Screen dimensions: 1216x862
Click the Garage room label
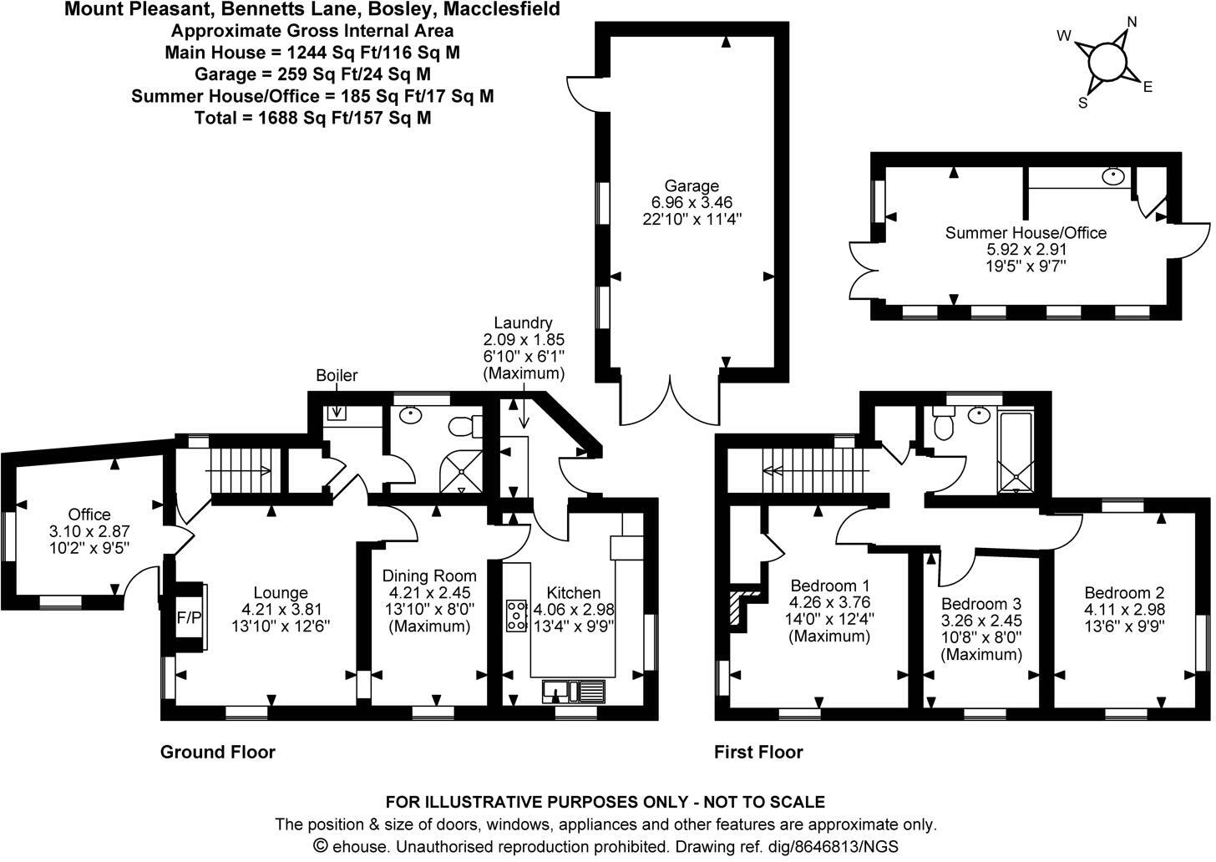click(x=692, y=185)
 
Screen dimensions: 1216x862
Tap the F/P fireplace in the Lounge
click(x=189, y=618)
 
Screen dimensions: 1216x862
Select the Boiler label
click(x=337, y=376)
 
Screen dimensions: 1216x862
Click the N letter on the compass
click(x=1132, y=23)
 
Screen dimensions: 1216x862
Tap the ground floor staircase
click(x=243, y=471)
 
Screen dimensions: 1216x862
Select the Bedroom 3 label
click(x=981, y=604)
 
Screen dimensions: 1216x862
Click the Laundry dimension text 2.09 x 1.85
click(x=524, y=340)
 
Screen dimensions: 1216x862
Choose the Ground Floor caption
click(x=218, y=753)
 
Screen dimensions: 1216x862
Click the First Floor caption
click(x=758, y=753)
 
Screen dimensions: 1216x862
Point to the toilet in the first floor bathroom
click(x=944, y=426)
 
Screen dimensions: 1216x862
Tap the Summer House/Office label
click(x=1026, y=232)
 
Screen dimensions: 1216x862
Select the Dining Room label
click(x=429, y=576)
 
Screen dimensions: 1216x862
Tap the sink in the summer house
click(x=1112, y=176)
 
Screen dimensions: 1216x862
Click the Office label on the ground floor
click(x=89, y=515)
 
